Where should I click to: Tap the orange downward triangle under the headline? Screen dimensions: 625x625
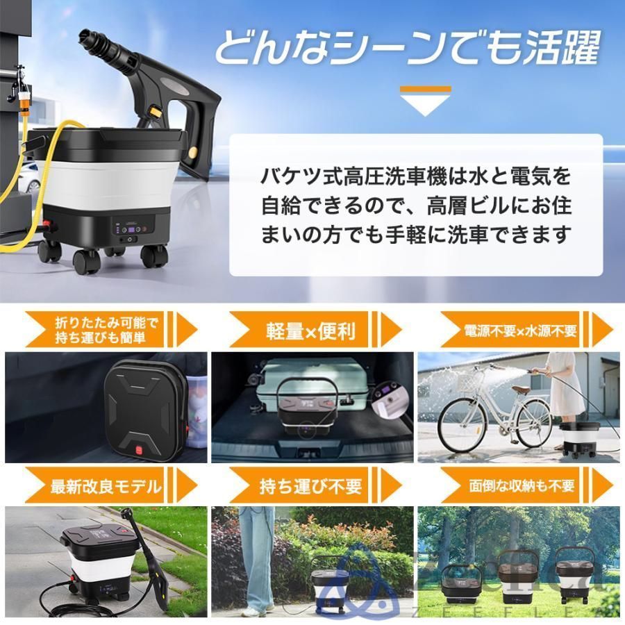pyautogui.click(x=426, y=101)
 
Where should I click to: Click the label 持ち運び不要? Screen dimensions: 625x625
pyautogui.click(x=310, y=485)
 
